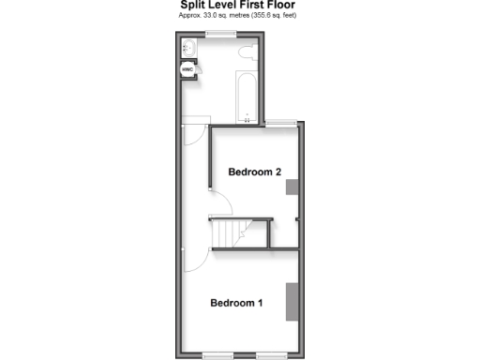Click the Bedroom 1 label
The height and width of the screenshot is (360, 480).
click(x=236, y=303)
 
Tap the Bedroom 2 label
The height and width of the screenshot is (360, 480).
click(x=255, y=172)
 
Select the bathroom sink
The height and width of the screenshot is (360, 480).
click(x=187, y=45)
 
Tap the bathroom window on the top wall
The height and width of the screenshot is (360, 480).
click(x=220, y=34)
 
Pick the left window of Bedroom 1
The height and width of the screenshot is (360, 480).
click(x=217, y=355)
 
